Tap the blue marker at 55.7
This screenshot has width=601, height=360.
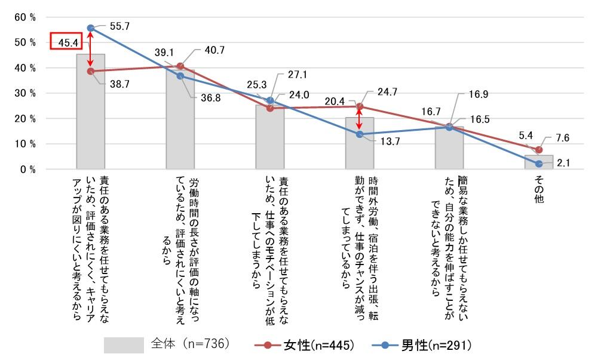point(91,28)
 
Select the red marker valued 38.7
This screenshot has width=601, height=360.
point(91,71)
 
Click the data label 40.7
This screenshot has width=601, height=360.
point(214,51)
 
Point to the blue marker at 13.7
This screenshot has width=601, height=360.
point(360,134)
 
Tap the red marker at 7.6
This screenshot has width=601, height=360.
point(539,150)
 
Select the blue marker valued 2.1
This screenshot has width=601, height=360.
point(539,164)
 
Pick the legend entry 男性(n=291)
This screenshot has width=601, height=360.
point(422,345)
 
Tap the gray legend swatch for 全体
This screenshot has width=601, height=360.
point(124,345)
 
